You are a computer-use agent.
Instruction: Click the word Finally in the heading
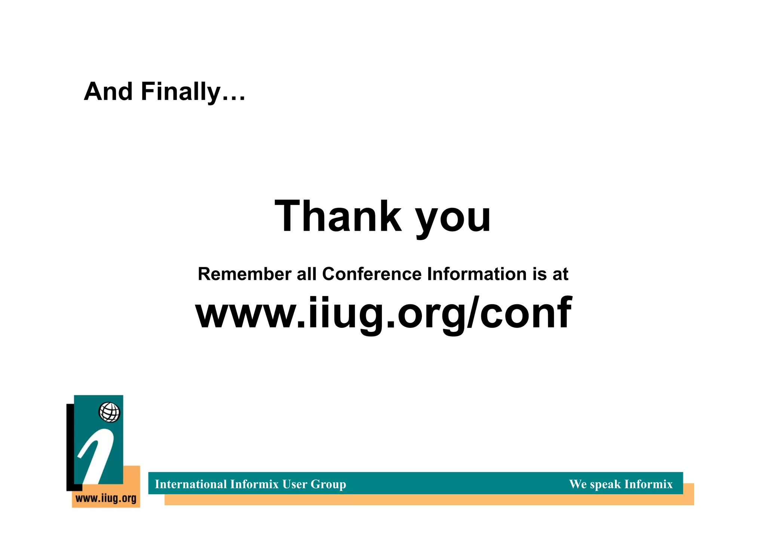tap(181, 92)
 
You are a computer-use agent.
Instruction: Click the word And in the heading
tap(108, 92)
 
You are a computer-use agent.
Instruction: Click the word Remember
tap(245, 274)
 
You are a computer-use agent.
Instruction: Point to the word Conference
tap(372, 274)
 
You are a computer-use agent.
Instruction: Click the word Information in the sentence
tap(477, 274)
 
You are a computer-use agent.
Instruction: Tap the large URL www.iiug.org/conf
tap(383, 313)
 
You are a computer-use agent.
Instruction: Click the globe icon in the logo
tap(109, 412)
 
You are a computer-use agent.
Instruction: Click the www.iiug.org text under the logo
tap(106, 498)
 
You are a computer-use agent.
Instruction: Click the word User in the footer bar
tap(295, 484)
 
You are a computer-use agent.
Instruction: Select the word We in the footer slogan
tap(578, 484)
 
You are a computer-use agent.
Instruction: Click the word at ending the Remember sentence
tap(560, 275)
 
